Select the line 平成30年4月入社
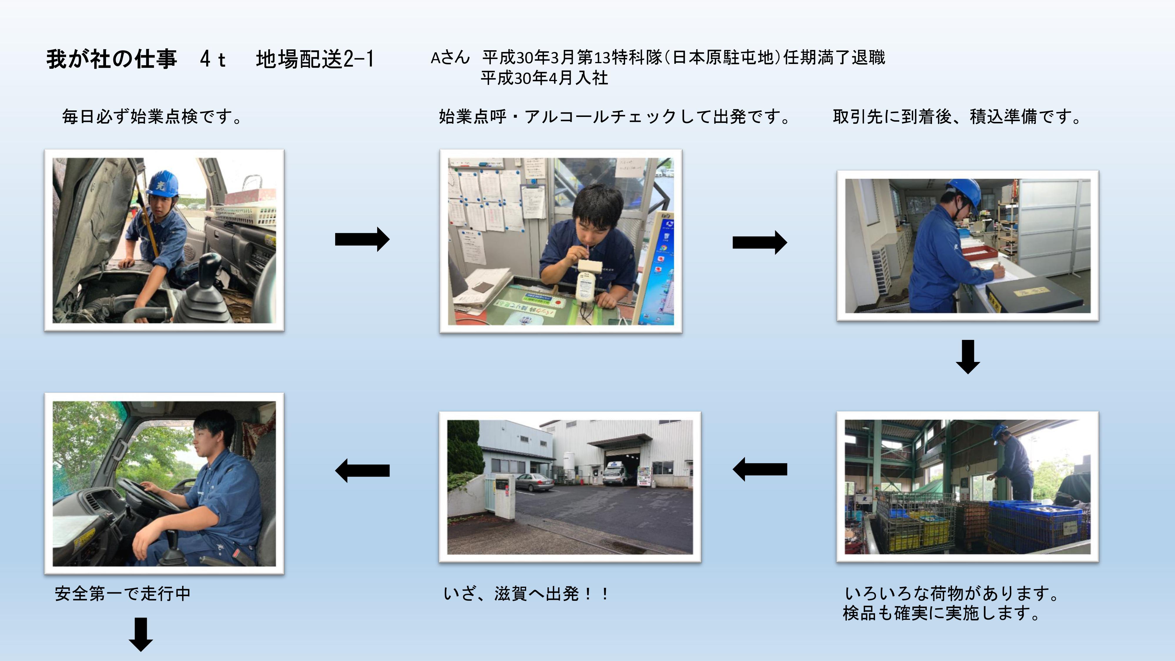(544, 78)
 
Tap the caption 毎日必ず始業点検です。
(152, 117)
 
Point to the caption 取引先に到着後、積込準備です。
(956, 117)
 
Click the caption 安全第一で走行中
(122, 593)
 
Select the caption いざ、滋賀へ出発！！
(526, 593)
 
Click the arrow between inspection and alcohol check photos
(362, 239)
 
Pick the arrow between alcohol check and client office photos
(759, 242)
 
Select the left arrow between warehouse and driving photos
(362, 470)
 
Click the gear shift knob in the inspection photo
(210, 266)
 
